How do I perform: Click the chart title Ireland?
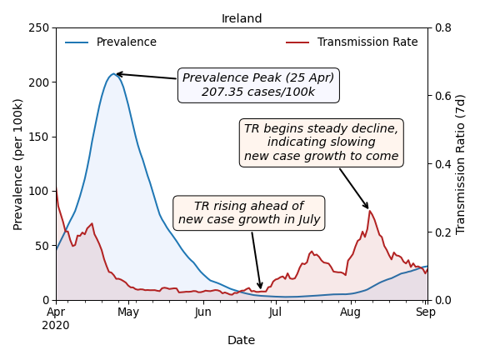coord(242,18)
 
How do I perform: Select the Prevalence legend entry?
coord(111,42)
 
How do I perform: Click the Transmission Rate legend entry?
coord(352,42)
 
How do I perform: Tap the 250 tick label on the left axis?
coord(39,28)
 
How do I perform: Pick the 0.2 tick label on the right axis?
coord(443,232)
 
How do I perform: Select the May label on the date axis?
coord(128,312)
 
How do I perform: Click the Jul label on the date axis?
coord(276,312)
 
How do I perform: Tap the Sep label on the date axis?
coord(426,312)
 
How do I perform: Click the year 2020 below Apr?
coord(56,325)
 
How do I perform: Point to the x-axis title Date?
coord(241,340)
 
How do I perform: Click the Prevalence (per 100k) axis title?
coord(17,165)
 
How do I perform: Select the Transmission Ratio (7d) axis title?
coord(460,165)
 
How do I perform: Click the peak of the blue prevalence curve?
coord(113,73)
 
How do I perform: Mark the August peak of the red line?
coord(370,211)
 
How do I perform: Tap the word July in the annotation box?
coord(308,219)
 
